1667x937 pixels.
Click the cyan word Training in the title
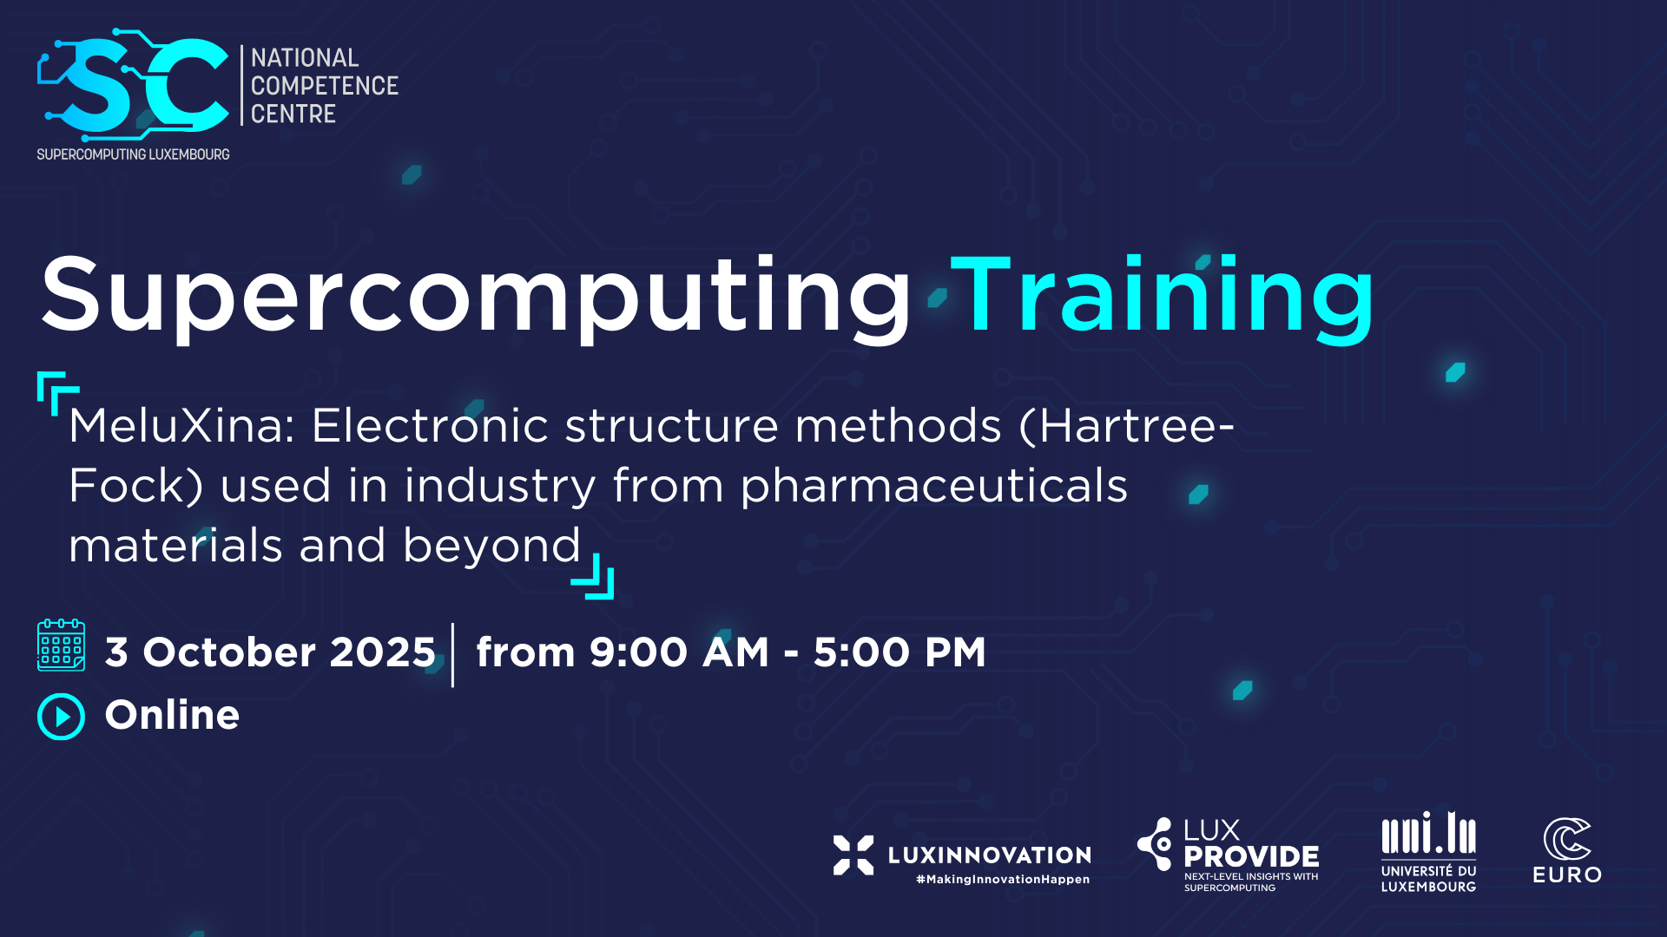click(1163, 295)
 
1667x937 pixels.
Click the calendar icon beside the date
click(61, 645)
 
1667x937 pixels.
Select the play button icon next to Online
click(61, 717)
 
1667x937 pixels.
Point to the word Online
click(172, 715)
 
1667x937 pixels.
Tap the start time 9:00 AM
click(679, 652)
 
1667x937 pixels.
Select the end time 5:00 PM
click(899, 652)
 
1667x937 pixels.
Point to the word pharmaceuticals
click(933, 486)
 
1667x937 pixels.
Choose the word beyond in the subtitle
click(491, 547)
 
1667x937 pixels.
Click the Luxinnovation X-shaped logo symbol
click(853, 855)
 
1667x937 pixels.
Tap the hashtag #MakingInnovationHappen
click(1003, 880)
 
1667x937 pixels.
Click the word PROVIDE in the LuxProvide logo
click(1251, 857)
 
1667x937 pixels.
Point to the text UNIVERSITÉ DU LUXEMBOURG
click(1428, 879)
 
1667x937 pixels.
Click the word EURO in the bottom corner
click(1567, 875)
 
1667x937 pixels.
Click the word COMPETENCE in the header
click(325, 86)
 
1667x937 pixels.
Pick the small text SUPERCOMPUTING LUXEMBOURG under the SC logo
click(133, 154)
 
